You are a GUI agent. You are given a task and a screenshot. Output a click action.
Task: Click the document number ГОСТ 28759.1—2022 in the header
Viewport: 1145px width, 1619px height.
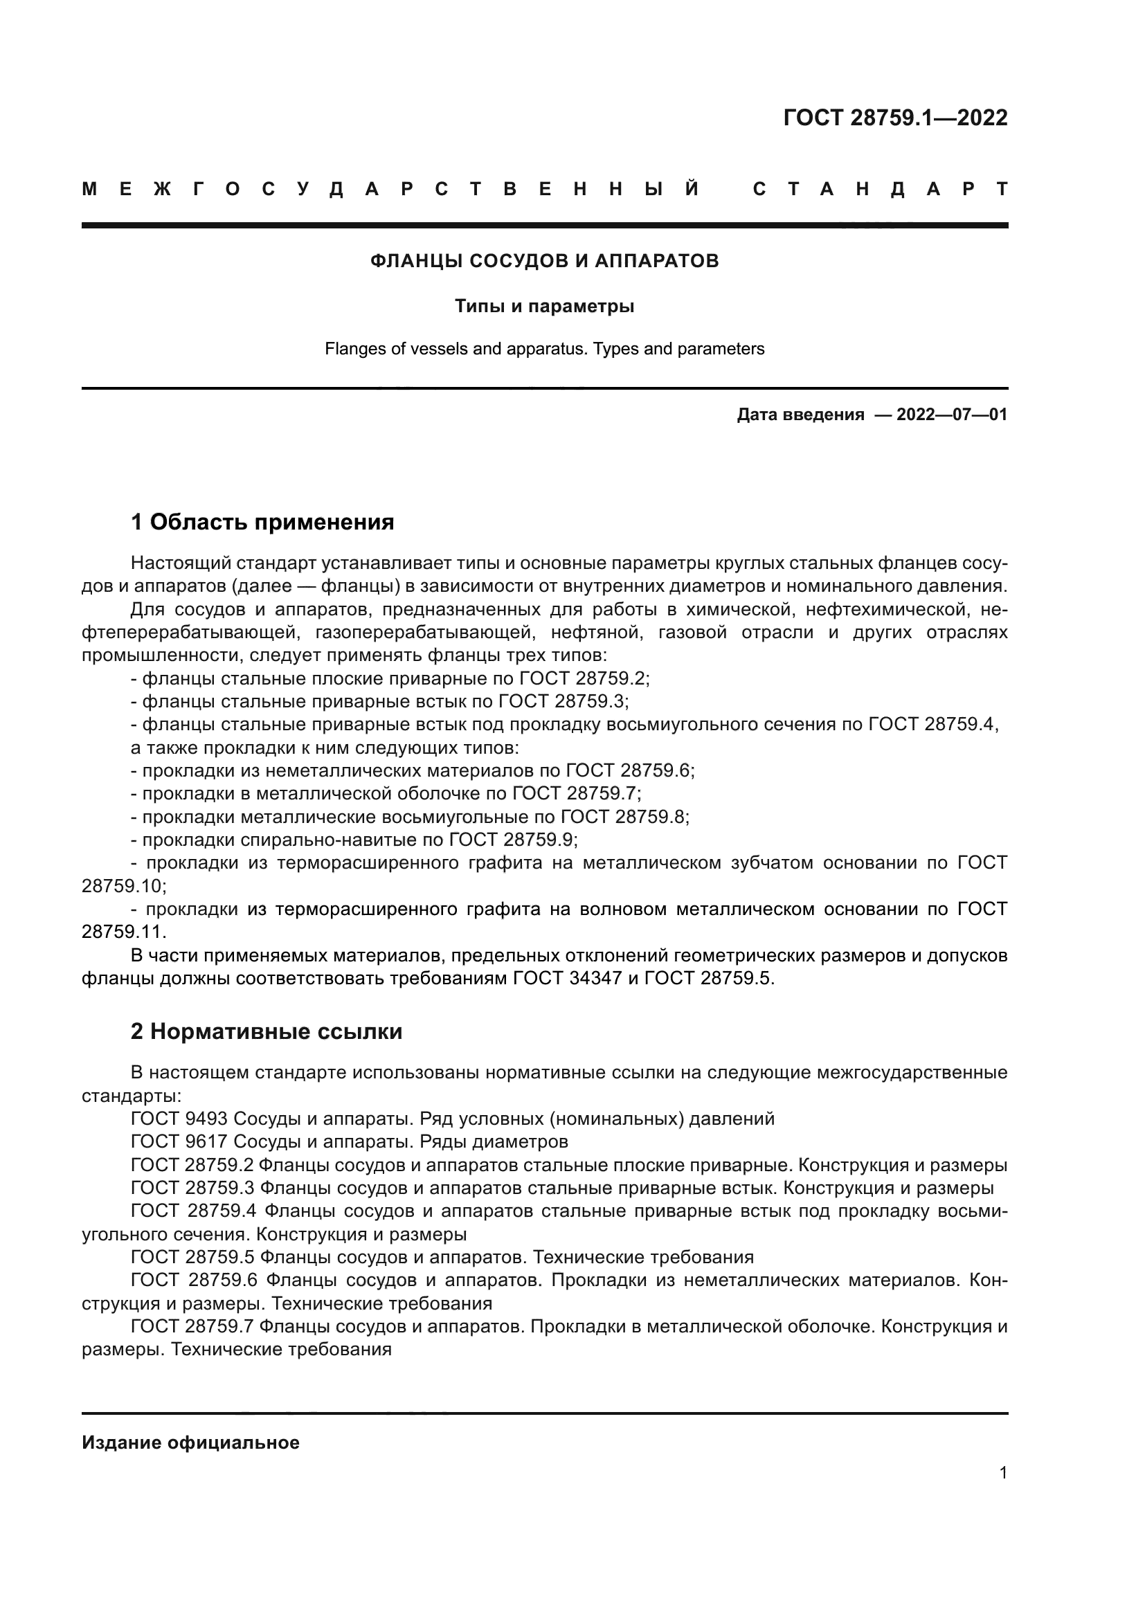pyautogui.click(x=894, y=117)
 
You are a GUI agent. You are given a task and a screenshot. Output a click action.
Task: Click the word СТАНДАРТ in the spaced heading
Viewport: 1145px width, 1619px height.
pyautogui.click(x=880, y=189)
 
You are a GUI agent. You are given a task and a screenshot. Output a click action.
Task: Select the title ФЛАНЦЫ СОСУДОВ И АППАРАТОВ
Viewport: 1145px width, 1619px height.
pyautogui.click(x=544, y=261)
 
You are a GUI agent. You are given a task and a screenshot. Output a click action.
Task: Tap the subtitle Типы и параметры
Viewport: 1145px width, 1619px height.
pyautogui.click(x=544, y=306)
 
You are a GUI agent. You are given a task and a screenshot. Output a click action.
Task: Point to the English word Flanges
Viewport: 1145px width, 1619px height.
pyautogui.click(x=353, y=349)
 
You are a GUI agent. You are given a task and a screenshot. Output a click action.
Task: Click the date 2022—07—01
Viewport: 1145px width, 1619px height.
pyautogui.click(x=952, y=415)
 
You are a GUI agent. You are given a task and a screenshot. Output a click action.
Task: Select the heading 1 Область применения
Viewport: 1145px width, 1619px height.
pyautogui.click(x=262, y=523)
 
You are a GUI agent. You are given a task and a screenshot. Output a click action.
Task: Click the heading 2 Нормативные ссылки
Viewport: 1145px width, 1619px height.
pyautogui.click(x=267, y=1031)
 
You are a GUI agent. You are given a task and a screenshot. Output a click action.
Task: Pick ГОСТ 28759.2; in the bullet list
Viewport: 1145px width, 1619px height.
pyautogui.click(x=584, y=678)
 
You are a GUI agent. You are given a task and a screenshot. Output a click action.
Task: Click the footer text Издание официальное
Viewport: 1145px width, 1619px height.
pyautogui.click(x=190, y=1442)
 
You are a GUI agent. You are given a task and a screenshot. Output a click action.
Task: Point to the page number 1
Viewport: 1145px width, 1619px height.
pyautogui.click(x=1003, y=1473)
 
